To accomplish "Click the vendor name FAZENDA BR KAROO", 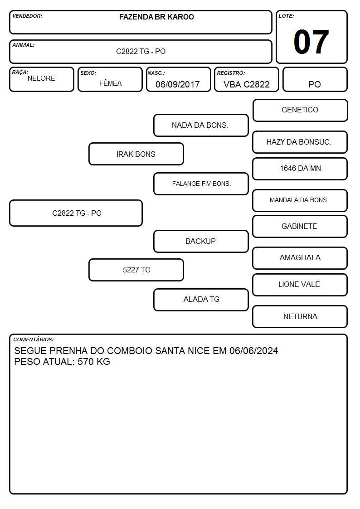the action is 156,17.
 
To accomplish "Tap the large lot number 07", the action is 311,42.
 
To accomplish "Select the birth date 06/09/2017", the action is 178,84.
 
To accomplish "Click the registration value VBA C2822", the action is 247,84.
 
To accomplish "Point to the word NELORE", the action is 41,78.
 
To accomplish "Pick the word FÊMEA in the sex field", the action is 110,83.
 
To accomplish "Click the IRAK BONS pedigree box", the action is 136,154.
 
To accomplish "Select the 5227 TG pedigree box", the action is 136,270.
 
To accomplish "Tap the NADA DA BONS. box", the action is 201,125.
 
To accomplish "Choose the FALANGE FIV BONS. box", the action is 201,184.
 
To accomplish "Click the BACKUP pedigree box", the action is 201,241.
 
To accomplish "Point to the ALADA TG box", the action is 201,300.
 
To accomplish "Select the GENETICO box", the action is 300,111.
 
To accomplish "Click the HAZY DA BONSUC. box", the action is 300,142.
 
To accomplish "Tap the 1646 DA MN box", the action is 300,169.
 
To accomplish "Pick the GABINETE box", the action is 300,226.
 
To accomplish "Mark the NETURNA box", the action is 300,316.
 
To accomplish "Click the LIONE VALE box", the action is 300,285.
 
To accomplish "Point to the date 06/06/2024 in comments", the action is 254,350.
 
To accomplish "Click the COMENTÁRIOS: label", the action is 34,339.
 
